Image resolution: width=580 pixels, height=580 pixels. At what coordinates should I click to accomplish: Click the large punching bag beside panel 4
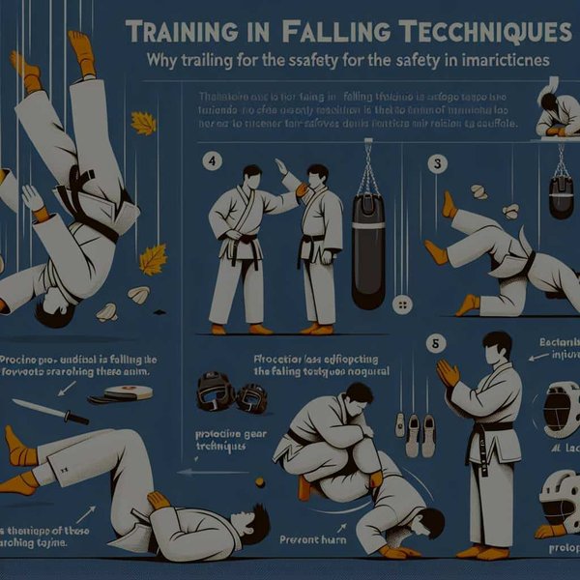coord(368,251)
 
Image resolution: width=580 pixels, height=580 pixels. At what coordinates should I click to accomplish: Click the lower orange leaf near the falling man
coord(153,259)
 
